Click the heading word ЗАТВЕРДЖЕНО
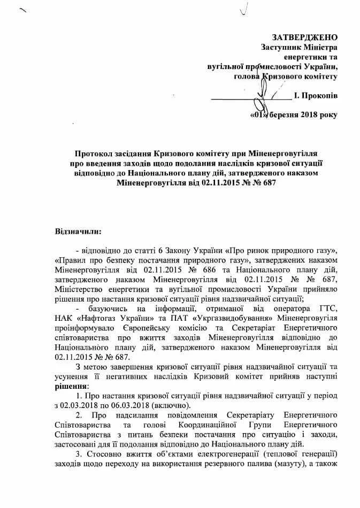click(x=305, y=37)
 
